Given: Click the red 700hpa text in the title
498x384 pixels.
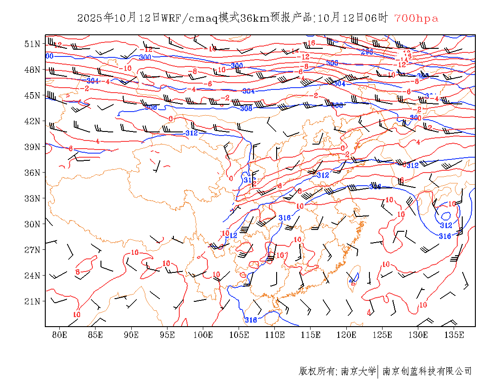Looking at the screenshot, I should [x=416, y=19].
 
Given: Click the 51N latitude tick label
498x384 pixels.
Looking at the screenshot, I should [x=32, y=44].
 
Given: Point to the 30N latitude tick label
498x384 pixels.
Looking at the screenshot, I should [x=32, y=224].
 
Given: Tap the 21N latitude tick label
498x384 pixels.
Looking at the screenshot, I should [x=32, y=301].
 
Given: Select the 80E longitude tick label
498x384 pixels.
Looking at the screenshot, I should [x=60, y=335].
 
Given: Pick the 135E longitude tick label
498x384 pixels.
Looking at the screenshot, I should [x=454, y=335].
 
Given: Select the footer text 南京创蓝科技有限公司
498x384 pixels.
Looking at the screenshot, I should [x=427, y=371].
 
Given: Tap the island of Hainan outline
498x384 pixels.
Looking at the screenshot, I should [x=271, y=318].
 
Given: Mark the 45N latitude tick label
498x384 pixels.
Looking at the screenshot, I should [x=32, y=95].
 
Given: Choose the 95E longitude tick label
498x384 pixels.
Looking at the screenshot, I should [x=168, y=335].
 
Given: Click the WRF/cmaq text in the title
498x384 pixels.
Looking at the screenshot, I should [x=189, y=19].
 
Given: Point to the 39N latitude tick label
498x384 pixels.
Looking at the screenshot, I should [x=32, y=147].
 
